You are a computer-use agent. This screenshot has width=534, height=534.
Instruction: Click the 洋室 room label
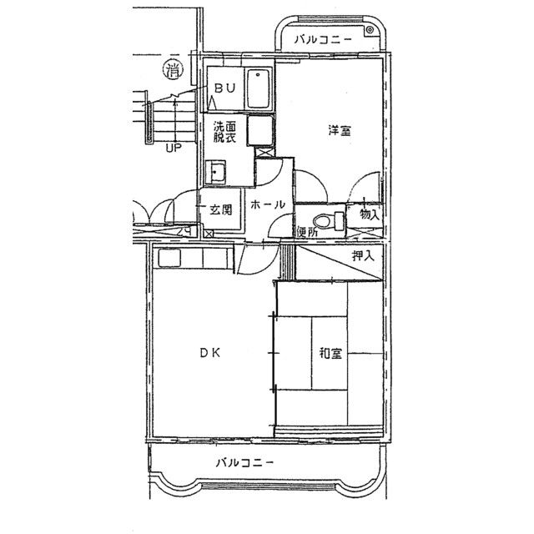pos(340,130)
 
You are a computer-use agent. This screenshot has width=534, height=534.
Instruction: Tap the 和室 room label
pos(330,353)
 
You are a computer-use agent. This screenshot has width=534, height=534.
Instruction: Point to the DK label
pos(209,353)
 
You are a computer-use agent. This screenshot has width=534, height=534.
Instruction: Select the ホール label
pos(268,204)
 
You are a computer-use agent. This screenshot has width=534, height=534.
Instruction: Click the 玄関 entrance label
pos(220,209)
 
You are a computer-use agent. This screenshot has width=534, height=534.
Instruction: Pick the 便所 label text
pos(307,232)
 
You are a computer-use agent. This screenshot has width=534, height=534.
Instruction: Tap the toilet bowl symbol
pos(329,220)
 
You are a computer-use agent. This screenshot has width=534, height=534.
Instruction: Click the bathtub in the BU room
pos(259,89)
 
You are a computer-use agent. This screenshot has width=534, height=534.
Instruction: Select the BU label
pos(224,88)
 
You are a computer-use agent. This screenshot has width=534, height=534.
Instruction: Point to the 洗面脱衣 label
pos(224,132)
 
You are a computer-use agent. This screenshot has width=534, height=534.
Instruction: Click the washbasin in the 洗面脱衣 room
pos(215,173)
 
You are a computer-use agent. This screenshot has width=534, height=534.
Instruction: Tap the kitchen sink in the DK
pos(169,259)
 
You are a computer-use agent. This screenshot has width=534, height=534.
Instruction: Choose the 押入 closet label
pos(364,255)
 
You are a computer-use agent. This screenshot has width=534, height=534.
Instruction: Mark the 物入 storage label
pos(370,214)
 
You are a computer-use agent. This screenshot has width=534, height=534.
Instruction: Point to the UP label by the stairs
pos(174,149)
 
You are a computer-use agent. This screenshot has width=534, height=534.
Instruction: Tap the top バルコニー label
pos(323,39)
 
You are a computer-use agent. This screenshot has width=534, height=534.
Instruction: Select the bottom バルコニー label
pos(244,463)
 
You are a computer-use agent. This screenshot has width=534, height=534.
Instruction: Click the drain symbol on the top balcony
pos(370,30)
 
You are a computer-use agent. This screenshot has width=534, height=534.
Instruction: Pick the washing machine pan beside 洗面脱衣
pos(260,131)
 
